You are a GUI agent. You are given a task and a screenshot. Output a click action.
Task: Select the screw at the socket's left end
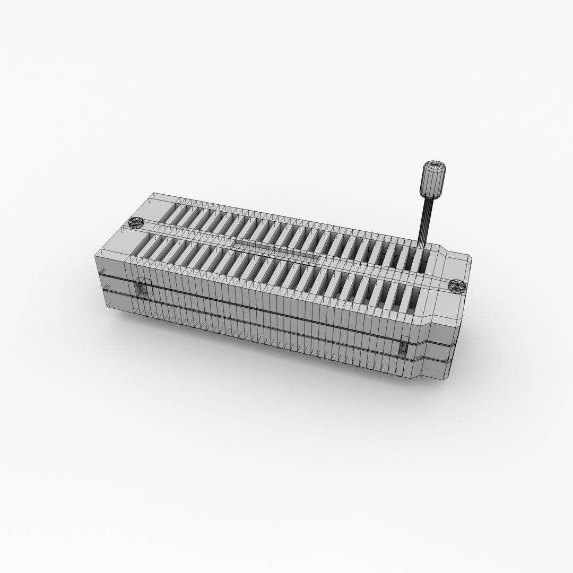pos(136,223)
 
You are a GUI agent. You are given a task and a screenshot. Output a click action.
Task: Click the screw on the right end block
pos(456,286)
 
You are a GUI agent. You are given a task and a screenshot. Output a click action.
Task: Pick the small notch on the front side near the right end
pos(405,348)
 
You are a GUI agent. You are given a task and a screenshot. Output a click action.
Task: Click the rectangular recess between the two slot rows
pos(276,248)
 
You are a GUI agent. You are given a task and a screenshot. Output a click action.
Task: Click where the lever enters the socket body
pos(423,245)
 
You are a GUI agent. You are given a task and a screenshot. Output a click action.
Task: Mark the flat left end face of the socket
pos(111,281)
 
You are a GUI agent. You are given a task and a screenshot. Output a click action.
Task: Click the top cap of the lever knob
pos(434,165)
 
